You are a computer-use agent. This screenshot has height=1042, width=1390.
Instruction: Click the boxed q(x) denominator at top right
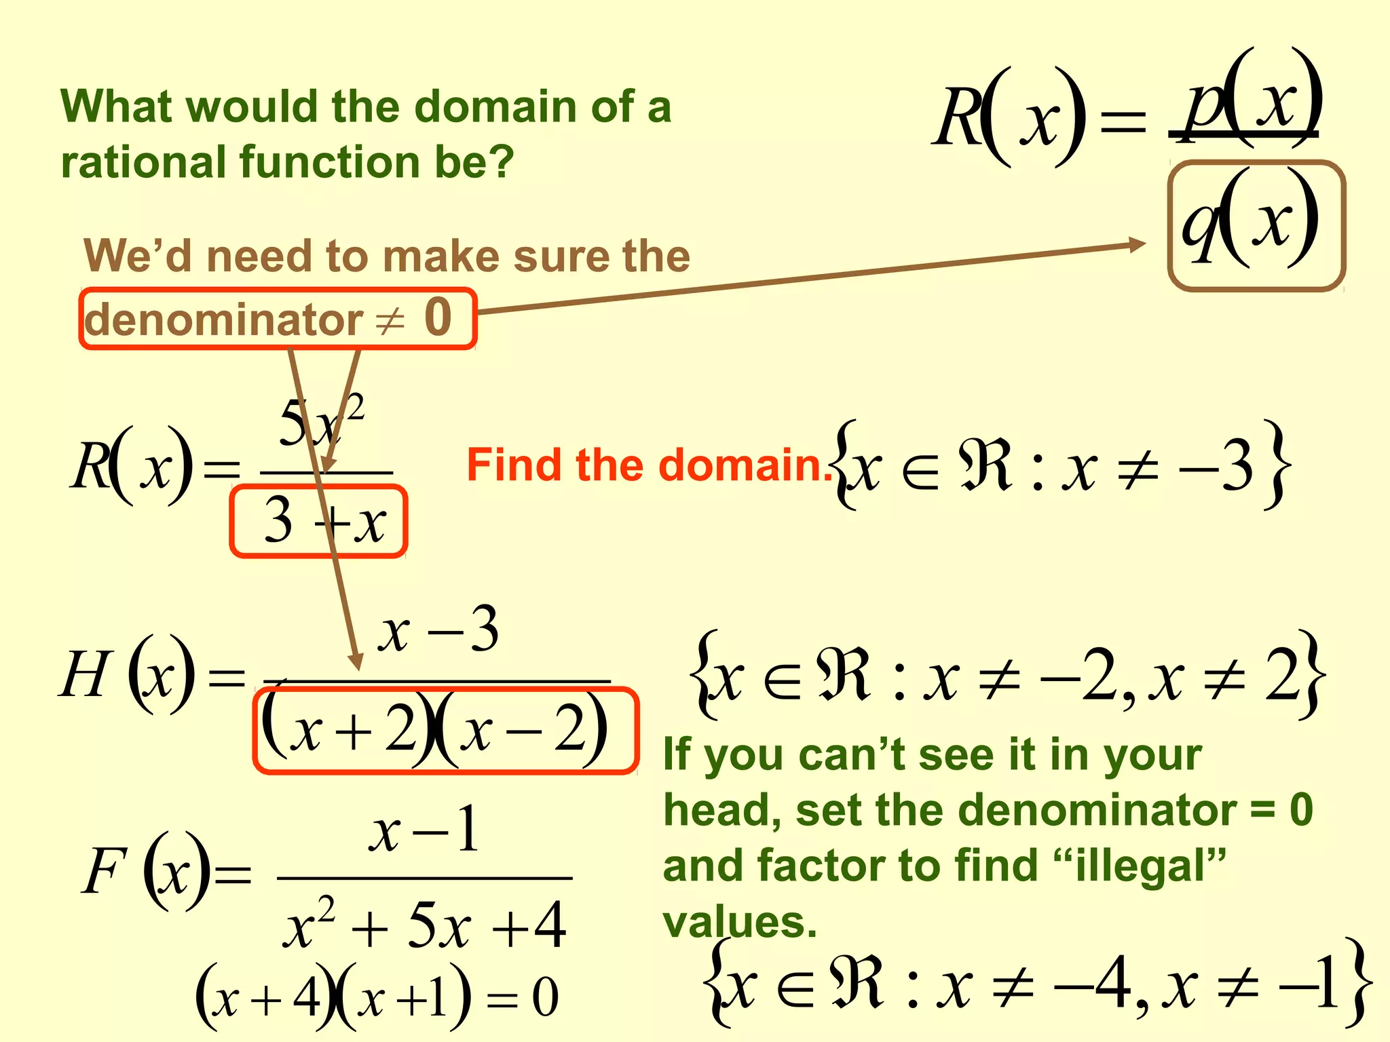point(1256,225)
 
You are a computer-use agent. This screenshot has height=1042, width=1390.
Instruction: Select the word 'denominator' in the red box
point(223,320)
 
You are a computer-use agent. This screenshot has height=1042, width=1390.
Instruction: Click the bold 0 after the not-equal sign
point(438,317)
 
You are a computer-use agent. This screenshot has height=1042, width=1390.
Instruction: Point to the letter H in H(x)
point(84,675)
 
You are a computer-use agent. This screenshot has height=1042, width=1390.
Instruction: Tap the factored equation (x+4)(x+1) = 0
point(377,997)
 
